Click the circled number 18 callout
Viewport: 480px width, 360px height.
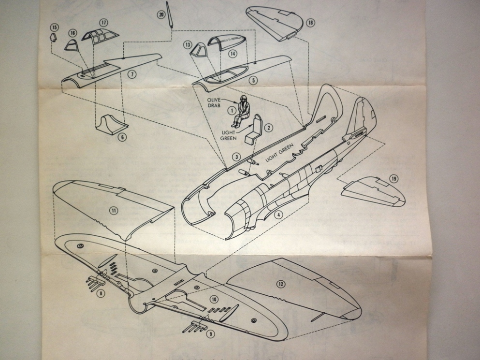click(x=310, y=23)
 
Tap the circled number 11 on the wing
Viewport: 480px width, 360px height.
click(x=114, y=210)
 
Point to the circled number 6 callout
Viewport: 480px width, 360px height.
click(x=122, y=137)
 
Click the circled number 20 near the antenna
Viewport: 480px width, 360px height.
click(x=161, y=15)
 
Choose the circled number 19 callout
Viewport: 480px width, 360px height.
click(x=394, y=179)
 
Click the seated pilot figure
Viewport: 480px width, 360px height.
click(x=241, y=110)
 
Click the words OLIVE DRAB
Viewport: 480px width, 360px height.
click(x=215, y=103)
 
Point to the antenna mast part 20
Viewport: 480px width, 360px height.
click(x=170, y=13)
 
